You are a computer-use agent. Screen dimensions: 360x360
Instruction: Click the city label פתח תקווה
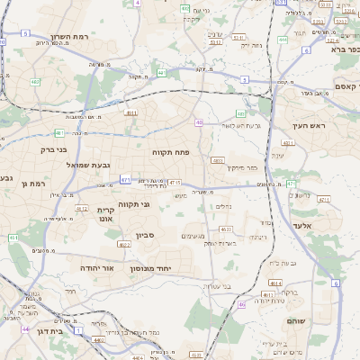170,152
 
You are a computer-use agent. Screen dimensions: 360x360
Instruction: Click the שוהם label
297,320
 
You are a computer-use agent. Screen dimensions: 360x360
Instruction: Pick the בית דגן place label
51,331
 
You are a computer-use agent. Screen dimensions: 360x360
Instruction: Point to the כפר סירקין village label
241,167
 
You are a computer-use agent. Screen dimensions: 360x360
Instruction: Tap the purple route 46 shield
241,304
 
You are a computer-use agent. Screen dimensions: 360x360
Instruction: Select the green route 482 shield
35,82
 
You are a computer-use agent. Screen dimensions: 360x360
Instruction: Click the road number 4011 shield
131,113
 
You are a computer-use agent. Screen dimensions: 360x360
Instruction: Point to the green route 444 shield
283,40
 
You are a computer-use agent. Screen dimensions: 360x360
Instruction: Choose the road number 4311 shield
288,143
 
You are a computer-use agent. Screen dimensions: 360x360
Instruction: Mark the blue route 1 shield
78,331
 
